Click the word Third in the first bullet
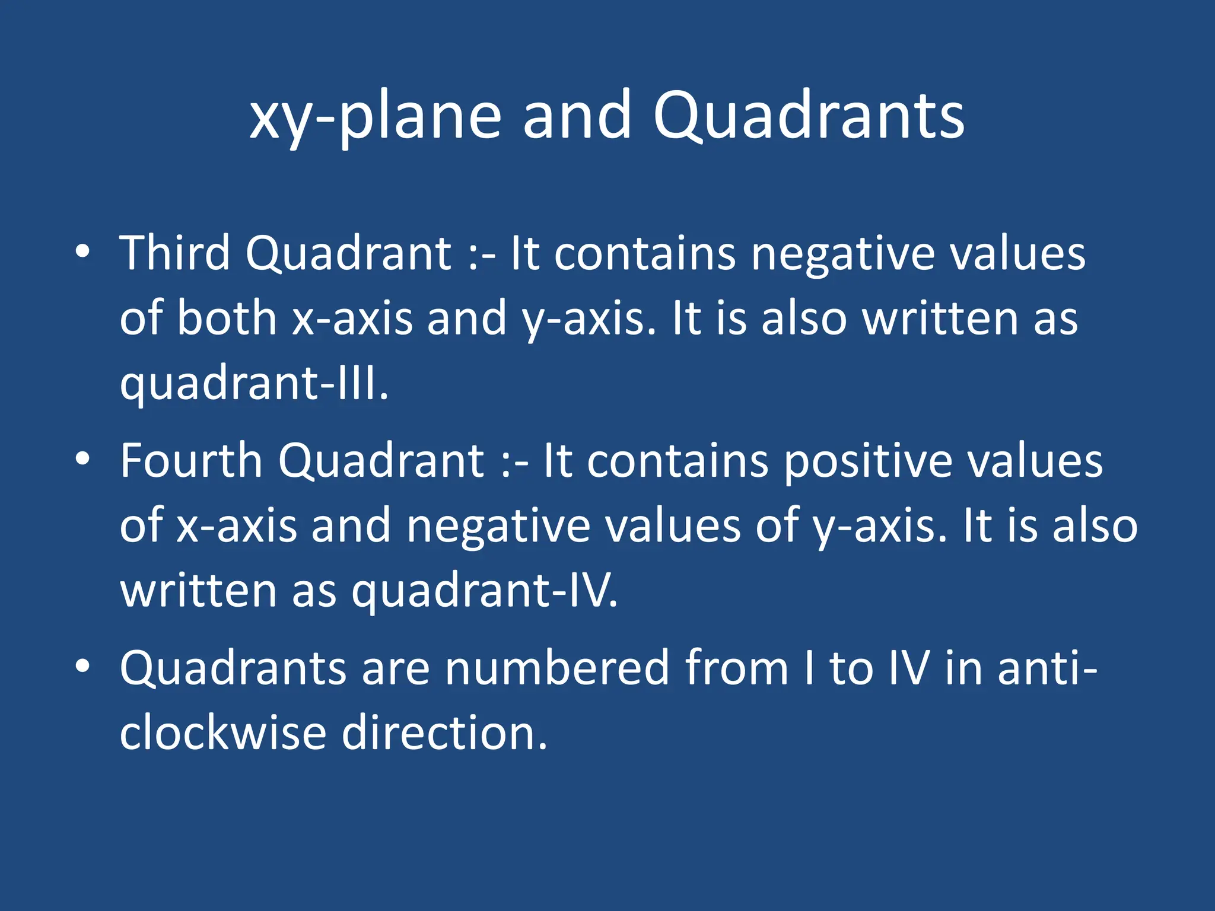point(174,253)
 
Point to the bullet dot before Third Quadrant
point(83,251)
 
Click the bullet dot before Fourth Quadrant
point(83,458)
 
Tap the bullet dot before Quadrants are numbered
point(83,666)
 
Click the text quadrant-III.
point(254,384)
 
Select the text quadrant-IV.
point(484,591)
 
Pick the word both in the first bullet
point(227,318)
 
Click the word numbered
point(557,668)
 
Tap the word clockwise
point(222,733)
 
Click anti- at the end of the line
point(1048,668)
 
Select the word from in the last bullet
point(736,668)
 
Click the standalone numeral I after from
point(809,668)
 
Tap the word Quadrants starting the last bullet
point(233,668)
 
